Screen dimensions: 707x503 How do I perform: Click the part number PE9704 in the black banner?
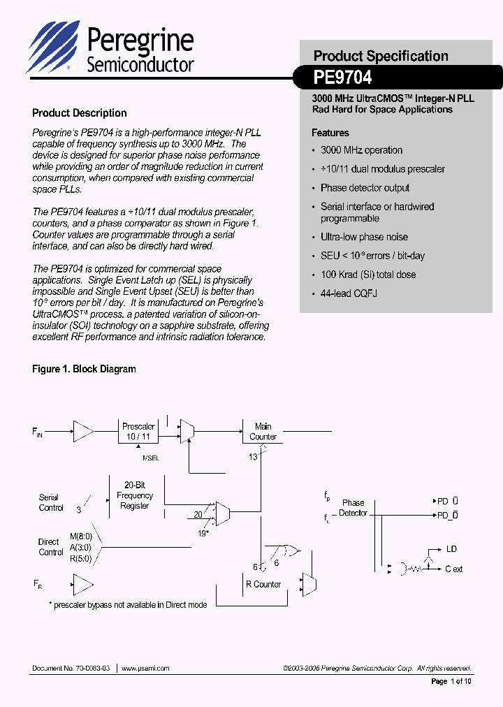342,76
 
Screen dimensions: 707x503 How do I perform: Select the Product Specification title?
381,56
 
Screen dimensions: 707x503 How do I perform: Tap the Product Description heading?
80,113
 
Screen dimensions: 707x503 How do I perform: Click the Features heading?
330,133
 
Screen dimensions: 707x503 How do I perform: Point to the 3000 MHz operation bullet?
361,150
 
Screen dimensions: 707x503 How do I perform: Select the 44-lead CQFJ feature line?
349,293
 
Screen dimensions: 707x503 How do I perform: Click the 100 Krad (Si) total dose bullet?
367,275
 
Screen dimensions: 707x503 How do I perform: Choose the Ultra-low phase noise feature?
364,237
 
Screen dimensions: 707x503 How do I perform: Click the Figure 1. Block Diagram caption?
84,369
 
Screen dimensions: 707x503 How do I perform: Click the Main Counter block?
263,432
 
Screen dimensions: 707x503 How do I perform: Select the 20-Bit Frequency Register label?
134,495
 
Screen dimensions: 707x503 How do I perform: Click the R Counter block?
263,584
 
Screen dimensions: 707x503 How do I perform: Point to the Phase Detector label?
353,508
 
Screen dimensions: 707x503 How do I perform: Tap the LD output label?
451,550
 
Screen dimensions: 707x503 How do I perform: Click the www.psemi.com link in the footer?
145,668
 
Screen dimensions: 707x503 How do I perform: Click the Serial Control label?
50,503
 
